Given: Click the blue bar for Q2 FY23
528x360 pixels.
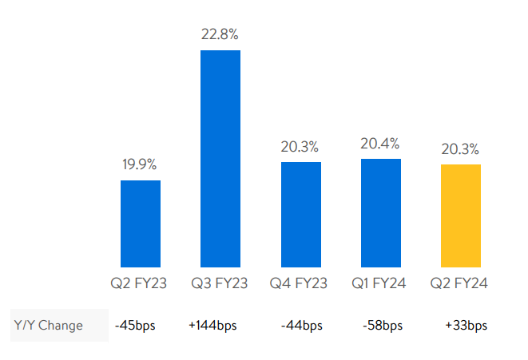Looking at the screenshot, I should tap(141, 224).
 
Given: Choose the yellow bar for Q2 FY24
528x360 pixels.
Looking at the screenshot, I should tap(461, 216).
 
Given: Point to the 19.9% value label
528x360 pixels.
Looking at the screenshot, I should tap(140, 165).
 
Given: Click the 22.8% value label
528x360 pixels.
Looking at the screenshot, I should tap(220, 34).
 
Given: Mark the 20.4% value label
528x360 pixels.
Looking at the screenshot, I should tap(381, 144).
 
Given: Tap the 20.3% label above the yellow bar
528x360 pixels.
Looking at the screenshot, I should tap(460, 148).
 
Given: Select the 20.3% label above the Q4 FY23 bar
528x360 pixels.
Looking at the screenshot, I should tap(300, 147).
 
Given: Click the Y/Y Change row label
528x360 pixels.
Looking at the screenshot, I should tap(49, 326).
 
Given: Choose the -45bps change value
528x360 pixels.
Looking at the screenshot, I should tap(137, 326).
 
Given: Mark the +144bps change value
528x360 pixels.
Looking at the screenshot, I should tap(212, 326).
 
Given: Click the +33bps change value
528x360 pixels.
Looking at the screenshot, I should tap(466, 326).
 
